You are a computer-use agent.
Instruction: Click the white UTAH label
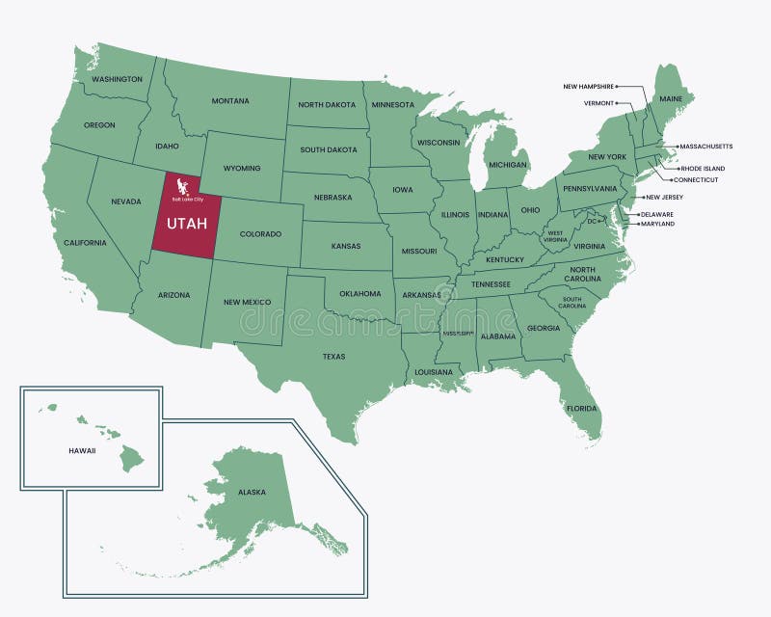[x=187, y=224]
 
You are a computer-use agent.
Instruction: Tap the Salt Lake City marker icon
[x=183, y=184]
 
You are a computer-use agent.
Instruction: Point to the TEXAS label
[x=333, y=356]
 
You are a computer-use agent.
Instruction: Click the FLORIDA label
[x=581, y=408]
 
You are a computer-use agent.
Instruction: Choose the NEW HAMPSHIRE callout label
[x=588, y=86]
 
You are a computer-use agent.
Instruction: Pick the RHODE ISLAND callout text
[x=703, y=168]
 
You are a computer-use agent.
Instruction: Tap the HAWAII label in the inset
[x=82, y=450]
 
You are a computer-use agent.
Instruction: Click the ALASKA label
[x=252, y=492]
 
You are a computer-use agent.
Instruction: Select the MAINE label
[x=671, y=98]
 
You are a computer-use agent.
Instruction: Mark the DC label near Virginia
[x=593, y=221]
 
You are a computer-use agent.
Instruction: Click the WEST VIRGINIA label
[x=556, y=236]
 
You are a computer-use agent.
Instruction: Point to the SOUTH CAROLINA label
[x=572, y=302]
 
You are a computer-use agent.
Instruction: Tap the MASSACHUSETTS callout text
[x=705, y=147]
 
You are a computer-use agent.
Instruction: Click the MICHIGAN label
[x=507, y=165]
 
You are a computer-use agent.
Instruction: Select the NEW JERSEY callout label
[x=665, y=197]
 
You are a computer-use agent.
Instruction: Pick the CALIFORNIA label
[x=86, y=243]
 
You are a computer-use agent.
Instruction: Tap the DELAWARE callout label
[x=656, y=214]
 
